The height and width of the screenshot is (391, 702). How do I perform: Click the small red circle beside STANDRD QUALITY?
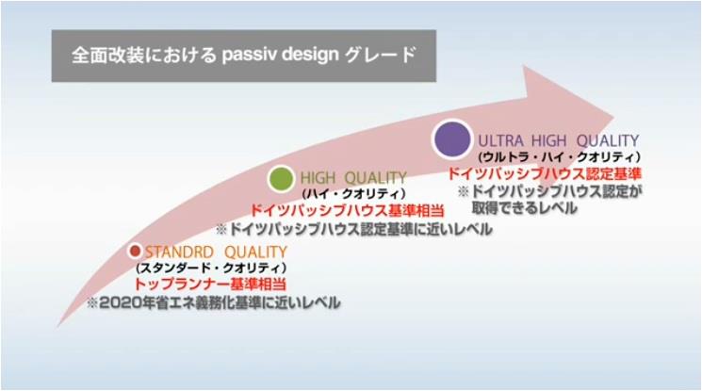tap(135, 251)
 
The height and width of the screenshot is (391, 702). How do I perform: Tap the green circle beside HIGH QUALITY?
tap(280, 177)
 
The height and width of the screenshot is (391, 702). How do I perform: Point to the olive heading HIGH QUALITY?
tap(353, 177)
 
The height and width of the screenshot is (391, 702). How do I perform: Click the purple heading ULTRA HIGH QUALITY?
tap(559, 138)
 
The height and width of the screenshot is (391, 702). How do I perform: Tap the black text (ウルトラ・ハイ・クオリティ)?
tap(560, 155)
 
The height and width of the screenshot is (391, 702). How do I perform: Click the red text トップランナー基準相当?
tap(210, 284)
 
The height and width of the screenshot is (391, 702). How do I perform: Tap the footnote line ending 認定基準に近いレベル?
tap(353, 229)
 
